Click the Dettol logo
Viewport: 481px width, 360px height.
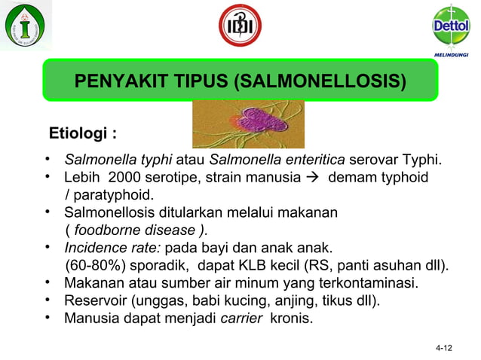[x=450, y=26]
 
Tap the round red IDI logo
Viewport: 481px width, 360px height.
[x=240, y=26]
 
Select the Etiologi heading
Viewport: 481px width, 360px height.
[x=82, y=135]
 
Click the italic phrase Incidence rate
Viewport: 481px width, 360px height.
[x=112, y=248]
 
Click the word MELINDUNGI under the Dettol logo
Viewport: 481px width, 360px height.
[x=452, y=56]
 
